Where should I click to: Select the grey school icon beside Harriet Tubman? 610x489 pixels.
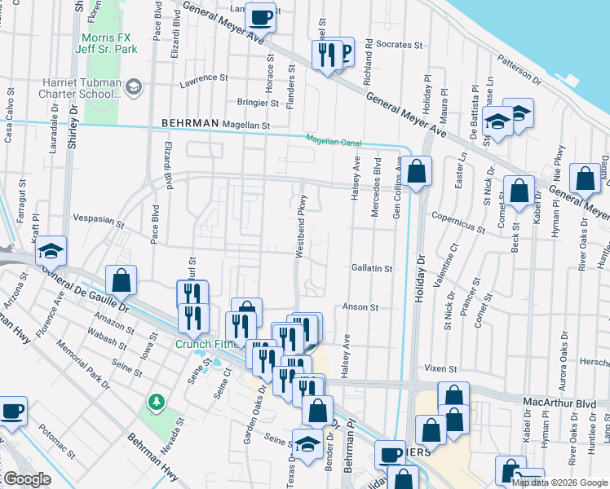pos(135,85)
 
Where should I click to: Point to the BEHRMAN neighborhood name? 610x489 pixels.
pos(191,123)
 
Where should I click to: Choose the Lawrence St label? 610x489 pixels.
pos(204,78)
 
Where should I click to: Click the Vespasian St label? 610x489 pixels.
pos(98,221)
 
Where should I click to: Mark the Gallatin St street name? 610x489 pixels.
pos(372,268)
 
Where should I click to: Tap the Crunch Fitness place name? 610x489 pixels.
pos(206,344)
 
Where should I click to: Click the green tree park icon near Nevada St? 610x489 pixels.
pos(155,402)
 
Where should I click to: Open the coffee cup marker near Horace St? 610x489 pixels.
pos(261,16)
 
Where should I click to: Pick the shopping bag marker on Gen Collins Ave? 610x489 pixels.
pos(416,172)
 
